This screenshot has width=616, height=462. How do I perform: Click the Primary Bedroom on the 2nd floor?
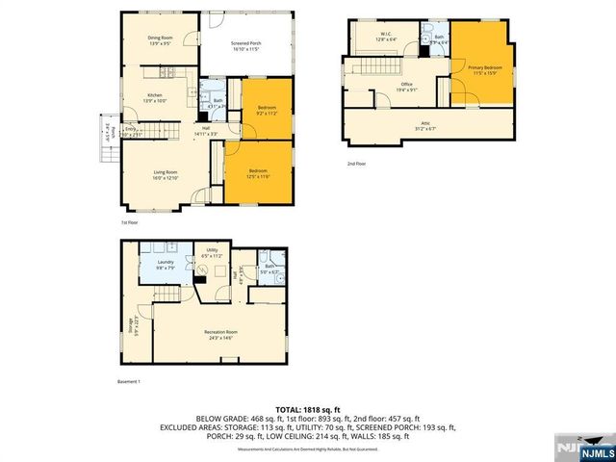(485, 70)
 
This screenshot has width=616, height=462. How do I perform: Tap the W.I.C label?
(384, 37)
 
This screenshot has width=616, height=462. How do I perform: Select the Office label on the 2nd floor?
(407, 88)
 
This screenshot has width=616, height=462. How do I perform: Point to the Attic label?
(424, 125)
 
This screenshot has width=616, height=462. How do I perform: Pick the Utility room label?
(213, 253)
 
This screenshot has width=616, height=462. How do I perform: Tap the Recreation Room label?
(219, 335)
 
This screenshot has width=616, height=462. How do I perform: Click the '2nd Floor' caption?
(356, 164)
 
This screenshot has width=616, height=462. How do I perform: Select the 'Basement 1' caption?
(129, 382)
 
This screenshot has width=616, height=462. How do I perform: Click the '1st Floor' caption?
(129, 222)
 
